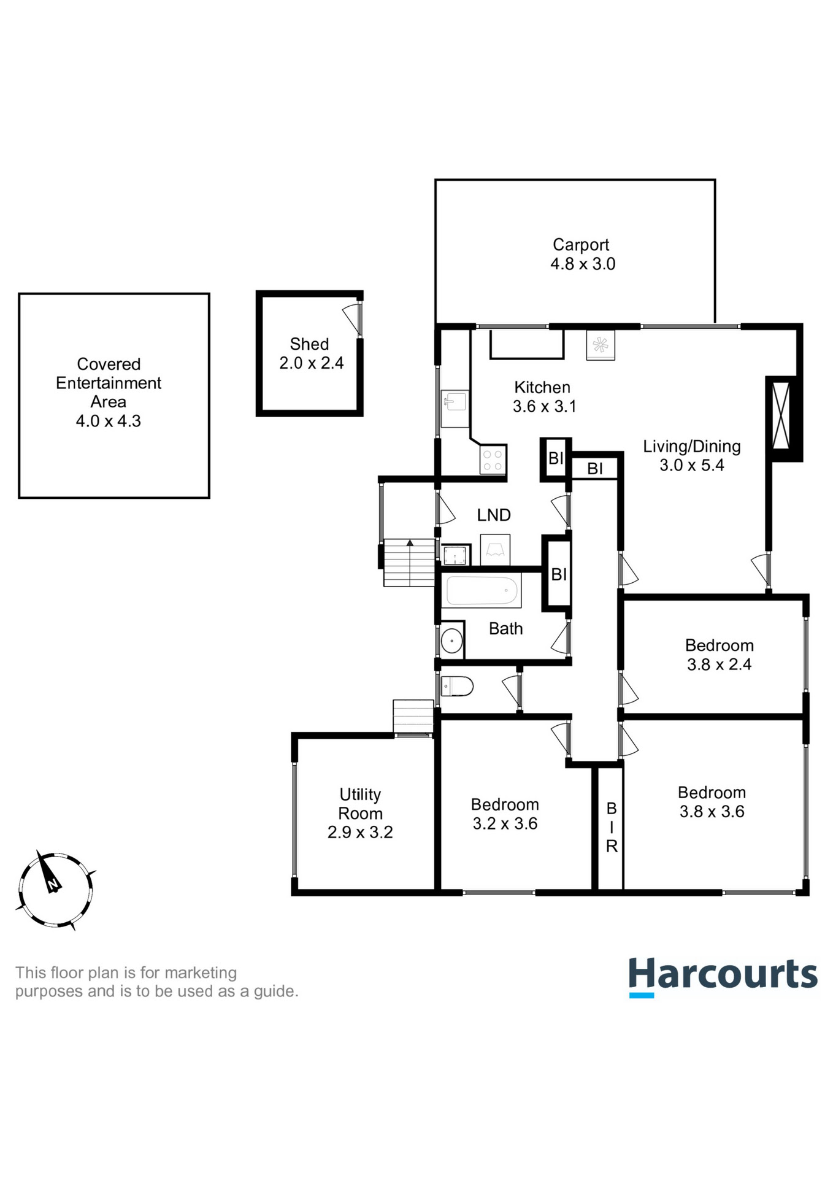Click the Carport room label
(x=581, y=245)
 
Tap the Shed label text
(x=309, y=344)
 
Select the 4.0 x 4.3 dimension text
(x=109, y=421)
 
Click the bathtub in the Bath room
(x=482, y=591)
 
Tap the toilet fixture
(x=458, y=686)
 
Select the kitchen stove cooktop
(x=493, y=460)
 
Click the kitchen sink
(x=455, y=402)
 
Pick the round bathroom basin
(x=452, y=641)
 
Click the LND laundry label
(x=494, y=515)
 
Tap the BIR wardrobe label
(x=612, y=827)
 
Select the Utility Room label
(x=361, y=804)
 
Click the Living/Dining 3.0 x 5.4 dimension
(x=692, y=465)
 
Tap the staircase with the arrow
(x=409, y=562)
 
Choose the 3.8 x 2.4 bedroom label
(x=719, y=655)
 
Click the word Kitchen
(x=542, y=387)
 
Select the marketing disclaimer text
(x=156, y=982)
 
